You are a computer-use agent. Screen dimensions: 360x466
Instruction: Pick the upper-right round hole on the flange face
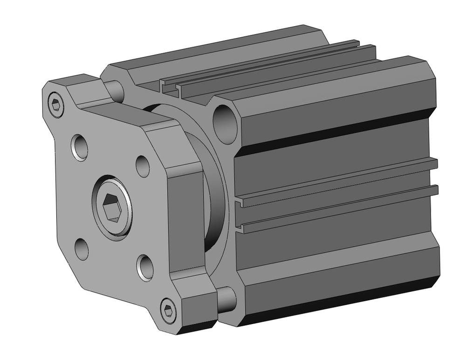click(143, 166)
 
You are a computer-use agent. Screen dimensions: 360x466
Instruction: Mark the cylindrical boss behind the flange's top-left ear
click(115, 91)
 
